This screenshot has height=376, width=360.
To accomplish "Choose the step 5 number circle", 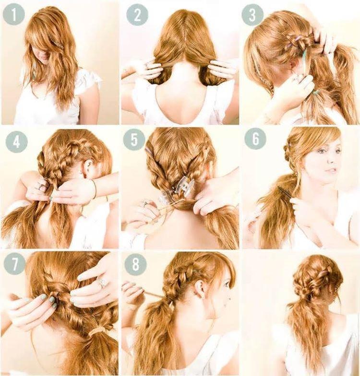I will click(134, 140).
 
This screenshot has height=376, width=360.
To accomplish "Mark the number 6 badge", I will click(255, 139).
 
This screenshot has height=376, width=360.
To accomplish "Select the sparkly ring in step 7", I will click(102, 283).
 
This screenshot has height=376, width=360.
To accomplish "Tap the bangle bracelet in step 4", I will click(94, 189).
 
